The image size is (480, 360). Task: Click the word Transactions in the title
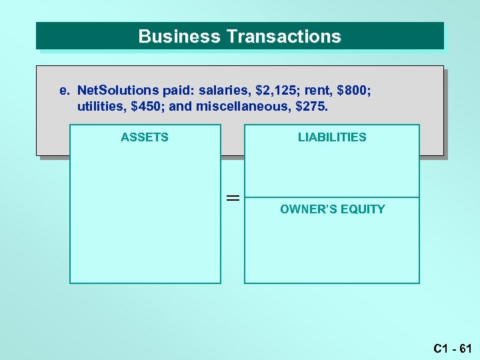(x=283, y=36)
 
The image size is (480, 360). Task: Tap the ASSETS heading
(x=145, y=137)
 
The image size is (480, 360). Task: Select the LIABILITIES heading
(x=332, y=137)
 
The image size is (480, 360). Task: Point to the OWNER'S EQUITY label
(x=332, y=209)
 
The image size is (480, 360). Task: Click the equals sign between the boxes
(x=232, y=198)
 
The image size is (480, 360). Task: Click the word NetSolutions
(x=117, y=90)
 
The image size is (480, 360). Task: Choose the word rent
(x=321, y=90)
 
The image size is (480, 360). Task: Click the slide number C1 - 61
(x=452, y=348)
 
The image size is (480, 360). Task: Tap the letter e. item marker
(x=64, y=90)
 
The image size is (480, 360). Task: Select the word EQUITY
(x=363, y=209)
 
